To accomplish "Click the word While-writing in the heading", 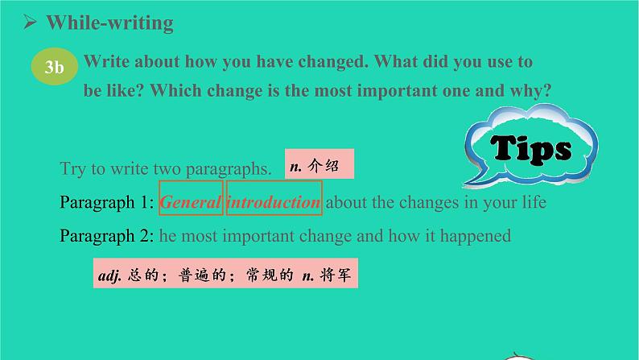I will click(x=110, y=23).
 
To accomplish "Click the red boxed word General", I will click(x=190, y=202).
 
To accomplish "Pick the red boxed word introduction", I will click(x=274, y=202).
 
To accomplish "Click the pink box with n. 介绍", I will click(x=319, y=167).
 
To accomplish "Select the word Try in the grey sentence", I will click(x=72, y=169).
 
